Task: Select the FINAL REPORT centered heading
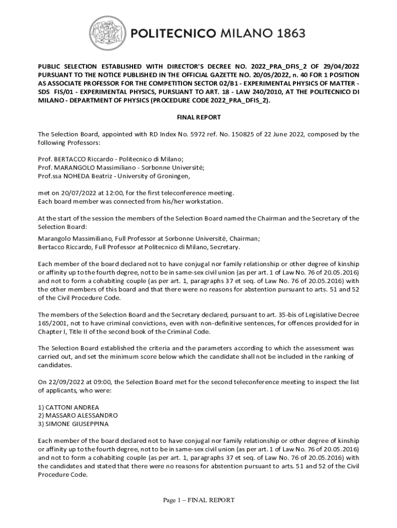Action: point(198,118)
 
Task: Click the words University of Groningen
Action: point(155,176)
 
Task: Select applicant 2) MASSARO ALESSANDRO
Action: point(78,415)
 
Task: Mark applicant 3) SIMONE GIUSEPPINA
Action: point(73,424)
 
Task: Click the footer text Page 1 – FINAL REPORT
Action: point(198,500)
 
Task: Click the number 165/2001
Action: point(53,323)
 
